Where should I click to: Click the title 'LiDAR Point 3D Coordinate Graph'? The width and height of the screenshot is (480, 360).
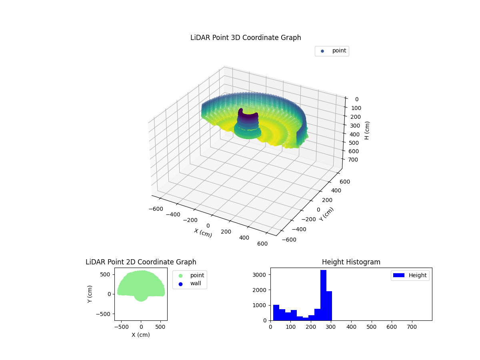(246, 38)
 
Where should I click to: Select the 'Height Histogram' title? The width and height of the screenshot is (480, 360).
(351, 262)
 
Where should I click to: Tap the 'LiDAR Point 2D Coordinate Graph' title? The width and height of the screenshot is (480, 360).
(141, 262)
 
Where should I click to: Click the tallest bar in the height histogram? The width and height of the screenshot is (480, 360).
(323, 295)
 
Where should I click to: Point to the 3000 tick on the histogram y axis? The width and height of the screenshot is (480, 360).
(263, 275)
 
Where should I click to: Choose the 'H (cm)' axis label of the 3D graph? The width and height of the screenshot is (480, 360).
(367, 130)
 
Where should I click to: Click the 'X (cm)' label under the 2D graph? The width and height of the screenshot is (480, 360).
(141, 335)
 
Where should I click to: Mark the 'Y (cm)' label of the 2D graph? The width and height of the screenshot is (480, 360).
(90, 294)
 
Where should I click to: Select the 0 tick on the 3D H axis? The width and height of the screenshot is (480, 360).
(356, 100)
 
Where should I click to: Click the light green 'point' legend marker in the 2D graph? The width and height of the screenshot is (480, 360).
(180, 276)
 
